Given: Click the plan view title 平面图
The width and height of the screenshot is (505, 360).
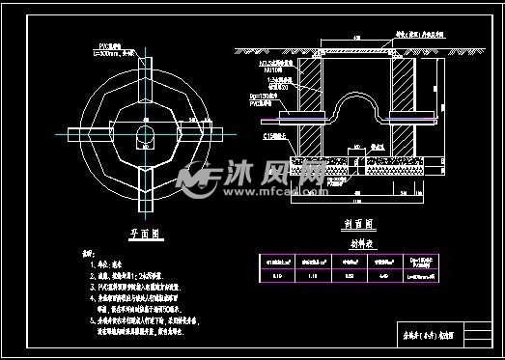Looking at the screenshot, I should (144, 233).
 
